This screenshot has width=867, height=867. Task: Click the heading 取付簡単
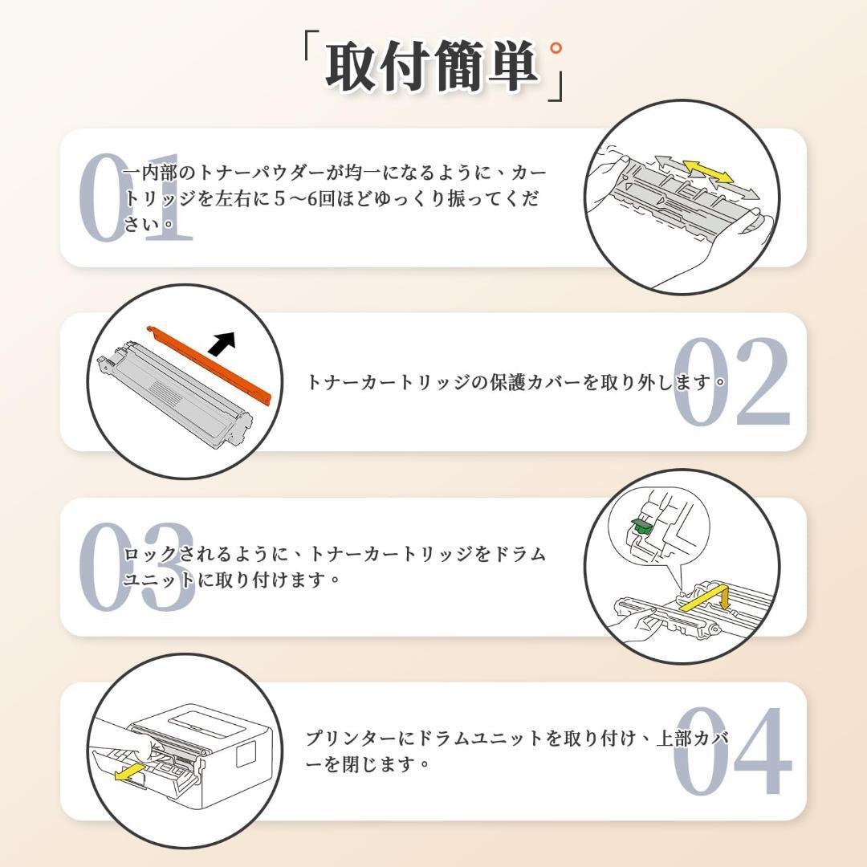tap(432, 66)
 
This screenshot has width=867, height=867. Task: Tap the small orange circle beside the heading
tap(556, 48)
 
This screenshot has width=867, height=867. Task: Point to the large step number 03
tap(136, 566)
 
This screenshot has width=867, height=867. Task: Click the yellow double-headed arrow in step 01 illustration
tap(708, 172)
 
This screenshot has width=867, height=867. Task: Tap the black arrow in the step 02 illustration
tap(222, 344)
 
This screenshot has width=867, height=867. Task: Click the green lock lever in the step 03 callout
tap(641, 525)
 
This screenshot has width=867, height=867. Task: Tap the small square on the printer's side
tap(246, 754)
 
